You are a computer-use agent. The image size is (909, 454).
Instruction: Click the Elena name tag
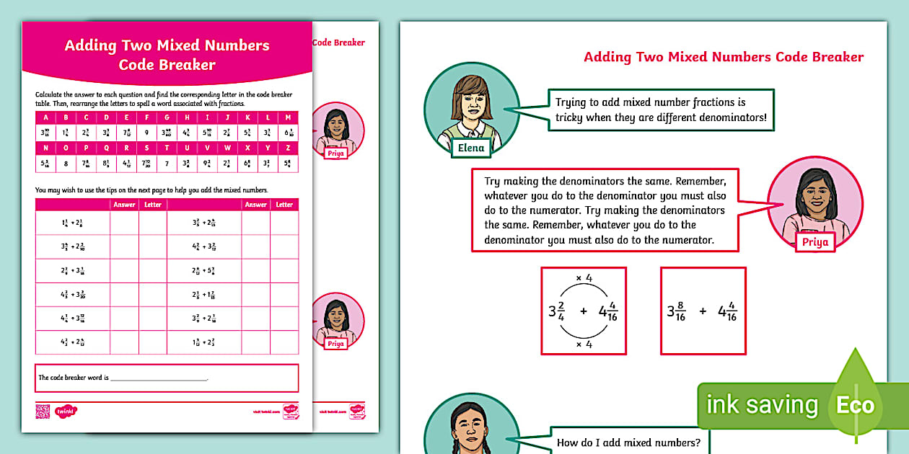coord(471,148)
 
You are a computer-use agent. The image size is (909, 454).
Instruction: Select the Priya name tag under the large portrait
coord(816,242)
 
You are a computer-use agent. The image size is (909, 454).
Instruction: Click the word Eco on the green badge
coord(855,405)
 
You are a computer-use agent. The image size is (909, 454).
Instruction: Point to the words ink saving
coord(762,405)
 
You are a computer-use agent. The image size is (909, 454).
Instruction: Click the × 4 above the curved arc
coord(583,278)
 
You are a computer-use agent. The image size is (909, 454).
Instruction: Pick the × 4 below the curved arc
coord(583,344)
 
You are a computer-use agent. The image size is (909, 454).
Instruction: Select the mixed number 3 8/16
coord(676,313)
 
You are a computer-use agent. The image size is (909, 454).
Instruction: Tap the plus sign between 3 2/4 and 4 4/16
coord(584,311)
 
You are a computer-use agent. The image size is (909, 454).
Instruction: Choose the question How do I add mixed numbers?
coord(628,442)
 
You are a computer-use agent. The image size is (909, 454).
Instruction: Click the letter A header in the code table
coord(45,117)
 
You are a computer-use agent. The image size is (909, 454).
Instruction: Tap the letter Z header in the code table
coord(287,148)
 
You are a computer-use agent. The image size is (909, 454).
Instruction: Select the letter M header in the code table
coord(287,117)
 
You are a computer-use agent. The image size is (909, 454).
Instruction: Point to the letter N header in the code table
coord(45,148)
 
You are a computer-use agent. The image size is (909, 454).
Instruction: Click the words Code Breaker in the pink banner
coord(167,65)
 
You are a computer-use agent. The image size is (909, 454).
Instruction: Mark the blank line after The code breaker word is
coord(159,378)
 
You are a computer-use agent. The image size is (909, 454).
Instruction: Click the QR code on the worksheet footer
coord(42,411)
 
